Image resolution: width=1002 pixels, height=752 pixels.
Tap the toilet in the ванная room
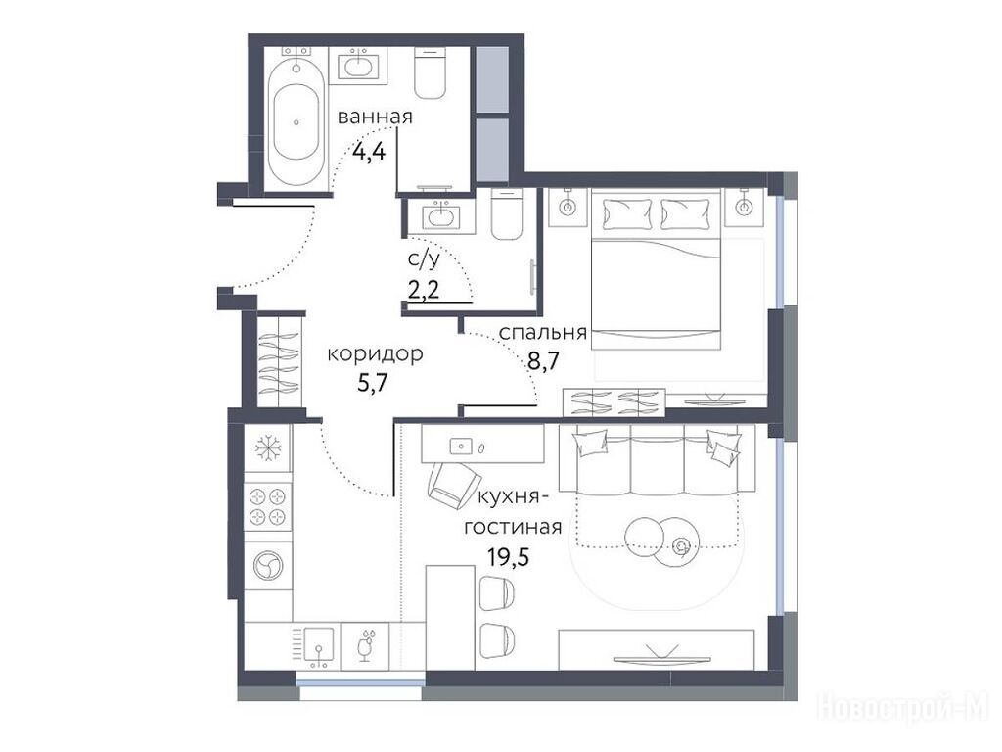click(x=431, y=72)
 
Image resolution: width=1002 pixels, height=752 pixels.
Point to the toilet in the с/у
click(x=508, y=214)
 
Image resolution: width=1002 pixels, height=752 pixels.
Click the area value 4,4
click(x=369, y=152)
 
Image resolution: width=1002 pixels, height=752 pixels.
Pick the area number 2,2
click(x=424, y=291)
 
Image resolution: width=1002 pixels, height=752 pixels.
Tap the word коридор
click(x=375, y=353)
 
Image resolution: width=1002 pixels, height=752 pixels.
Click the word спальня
click(x=542, y=333)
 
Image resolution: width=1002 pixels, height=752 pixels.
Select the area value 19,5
click(x=509, y=557)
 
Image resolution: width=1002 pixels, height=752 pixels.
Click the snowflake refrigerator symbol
click(x=268, y=448)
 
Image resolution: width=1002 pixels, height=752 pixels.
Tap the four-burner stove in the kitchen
click(x=268, y=506)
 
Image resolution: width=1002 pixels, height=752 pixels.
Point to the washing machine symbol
click(x=268, y=566)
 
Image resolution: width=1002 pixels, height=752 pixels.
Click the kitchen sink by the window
click(x=318, y=646)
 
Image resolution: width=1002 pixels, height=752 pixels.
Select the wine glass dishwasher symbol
click(x=366, y=646)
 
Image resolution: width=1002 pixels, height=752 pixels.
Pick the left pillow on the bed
click(x=627, y=214)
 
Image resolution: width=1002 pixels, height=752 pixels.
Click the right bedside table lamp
click(x=744, y=207)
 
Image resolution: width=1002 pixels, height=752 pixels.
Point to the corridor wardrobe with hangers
click(x=279, y=361)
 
